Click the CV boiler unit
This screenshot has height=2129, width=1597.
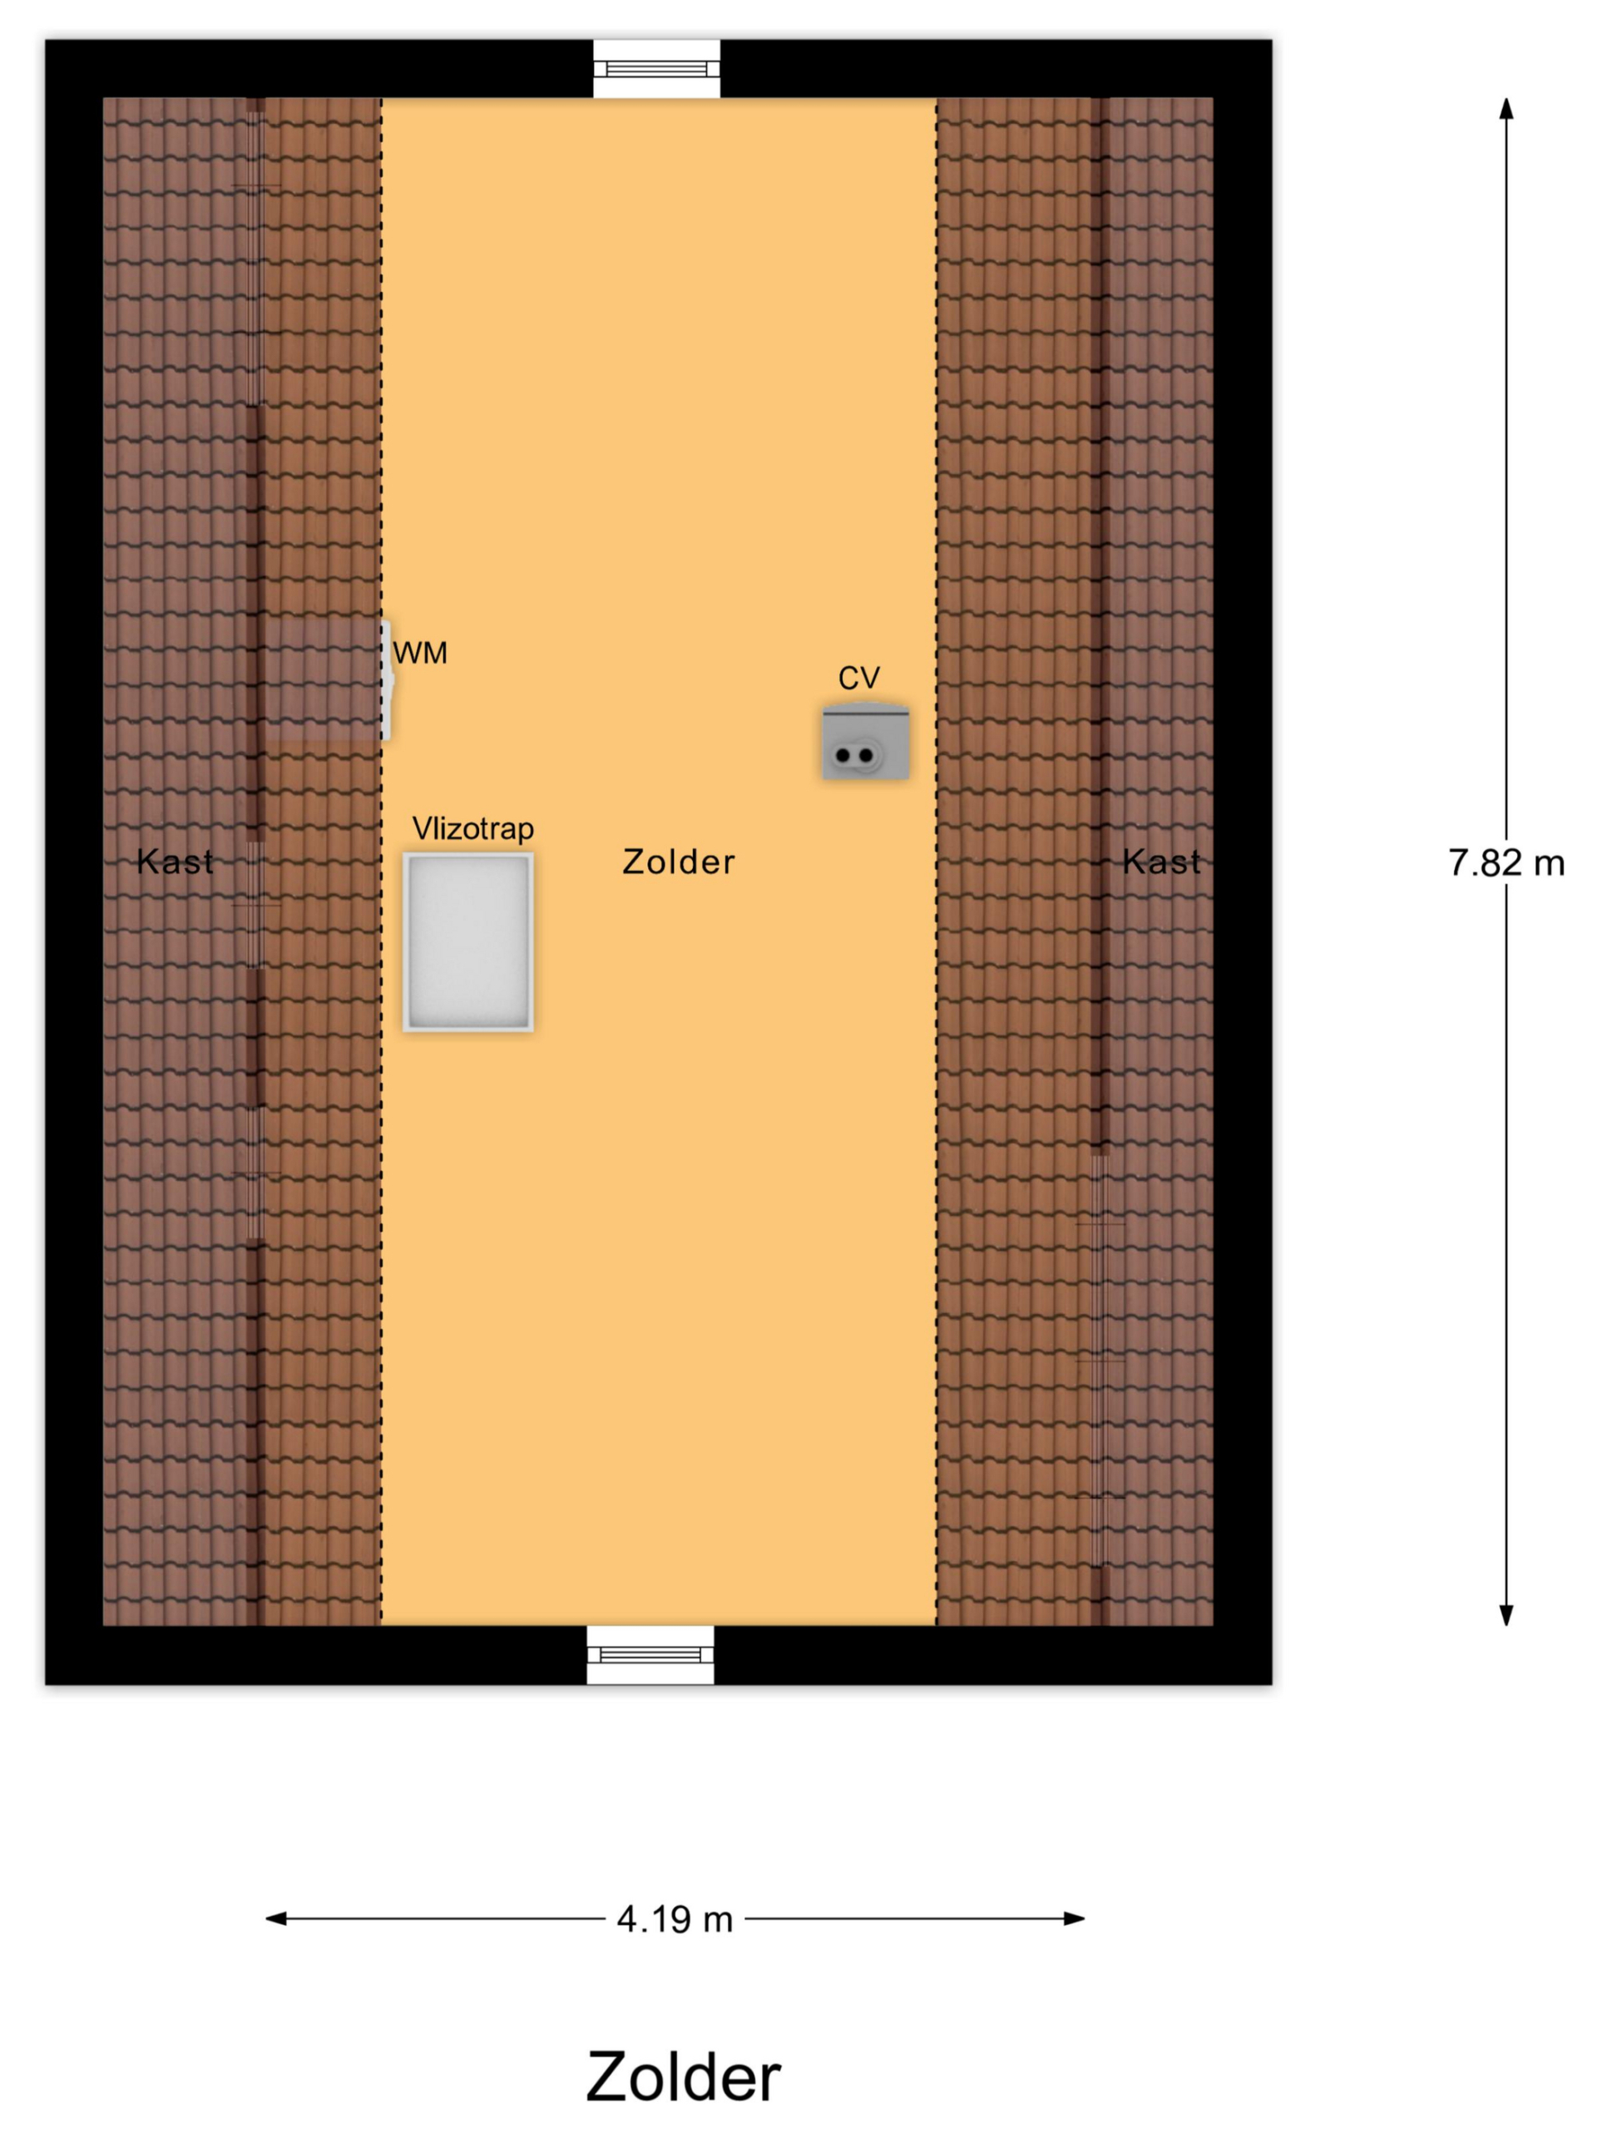(865, 742)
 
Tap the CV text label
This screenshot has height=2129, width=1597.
(858, 679)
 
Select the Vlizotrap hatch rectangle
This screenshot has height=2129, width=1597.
(467, 942)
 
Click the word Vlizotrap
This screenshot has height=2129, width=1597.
(472, 828)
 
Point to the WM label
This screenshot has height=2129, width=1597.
(420, 654)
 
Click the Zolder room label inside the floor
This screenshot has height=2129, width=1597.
(679, 862)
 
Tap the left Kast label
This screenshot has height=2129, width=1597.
(176, 862)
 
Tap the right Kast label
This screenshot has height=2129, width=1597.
(1162, 862)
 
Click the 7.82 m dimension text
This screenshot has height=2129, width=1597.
(1506, 863)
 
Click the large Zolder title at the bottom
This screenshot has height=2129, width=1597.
(684, 2077)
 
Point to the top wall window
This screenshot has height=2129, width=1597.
(656, 68)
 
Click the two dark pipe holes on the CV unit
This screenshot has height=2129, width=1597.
(855, 755)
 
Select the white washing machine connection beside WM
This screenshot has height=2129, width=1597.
(387, 680)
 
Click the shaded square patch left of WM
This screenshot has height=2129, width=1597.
(323, 680)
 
